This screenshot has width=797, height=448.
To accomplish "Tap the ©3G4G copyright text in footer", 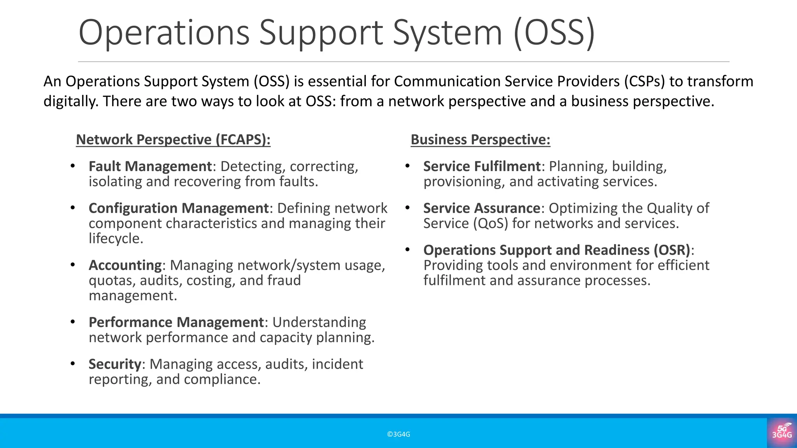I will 398,434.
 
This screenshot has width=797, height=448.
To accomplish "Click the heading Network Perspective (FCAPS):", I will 173,140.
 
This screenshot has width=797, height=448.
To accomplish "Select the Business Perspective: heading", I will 480,140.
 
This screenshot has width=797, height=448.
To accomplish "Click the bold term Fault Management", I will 150,166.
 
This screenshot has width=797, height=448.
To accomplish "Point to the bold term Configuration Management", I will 179,208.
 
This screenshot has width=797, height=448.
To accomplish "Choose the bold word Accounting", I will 125,265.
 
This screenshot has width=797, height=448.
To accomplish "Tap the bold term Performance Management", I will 176,322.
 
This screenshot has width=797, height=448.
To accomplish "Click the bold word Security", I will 115,364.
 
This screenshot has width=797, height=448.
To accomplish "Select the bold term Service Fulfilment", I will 482,166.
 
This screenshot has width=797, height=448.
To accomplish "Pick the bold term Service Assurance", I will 481,208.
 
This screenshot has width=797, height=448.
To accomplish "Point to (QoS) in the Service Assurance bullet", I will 490,224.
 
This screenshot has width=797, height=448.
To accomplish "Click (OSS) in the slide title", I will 555,33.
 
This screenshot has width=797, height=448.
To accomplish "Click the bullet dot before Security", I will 73,364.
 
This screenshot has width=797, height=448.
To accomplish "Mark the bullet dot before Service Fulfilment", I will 407,166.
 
